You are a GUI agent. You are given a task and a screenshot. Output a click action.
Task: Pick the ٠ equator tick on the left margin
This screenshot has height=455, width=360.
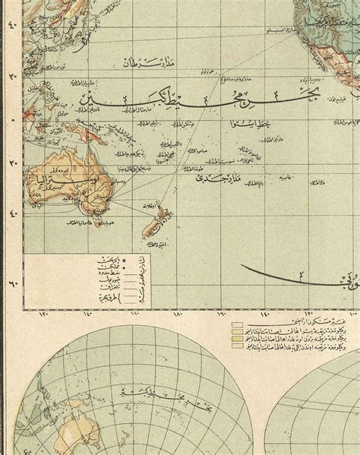[10, 118]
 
